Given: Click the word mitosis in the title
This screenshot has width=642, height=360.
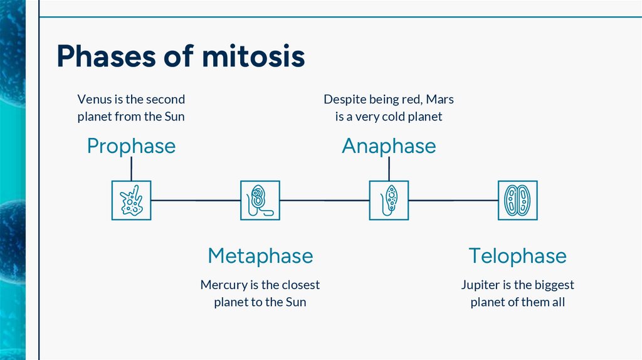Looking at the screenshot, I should (253, 56).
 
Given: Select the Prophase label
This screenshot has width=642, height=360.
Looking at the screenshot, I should (131, 146).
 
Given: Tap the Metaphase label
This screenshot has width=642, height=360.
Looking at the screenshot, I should (260, 256).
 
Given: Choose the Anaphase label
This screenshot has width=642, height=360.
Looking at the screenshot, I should (389, 146).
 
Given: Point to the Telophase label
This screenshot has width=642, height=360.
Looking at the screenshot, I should (517, 256).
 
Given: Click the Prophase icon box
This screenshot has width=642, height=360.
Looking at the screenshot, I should (131, 200).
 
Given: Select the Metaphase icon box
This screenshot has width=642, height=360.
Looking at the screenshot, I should (260, 200).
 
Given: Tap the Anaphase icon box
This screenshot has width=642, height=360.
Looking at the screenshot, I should (389, 200).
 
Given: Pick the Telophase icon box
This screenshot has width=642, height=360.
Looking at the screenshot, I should (518, 200).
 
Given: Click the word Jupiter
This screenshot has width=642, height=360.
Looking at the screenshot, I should (481, 285).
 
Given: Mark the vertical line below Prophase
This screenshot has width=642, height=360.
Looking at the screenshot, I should (131, 168).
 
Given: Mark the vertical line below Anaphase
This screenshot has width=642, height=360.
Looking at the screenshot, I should (389, 168).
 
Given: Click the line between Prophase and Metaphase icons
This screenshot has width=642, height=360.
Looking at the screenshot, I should (196, 201).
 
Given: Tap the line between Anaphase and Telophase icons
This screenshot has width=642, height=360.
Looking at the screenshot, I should (453, 201).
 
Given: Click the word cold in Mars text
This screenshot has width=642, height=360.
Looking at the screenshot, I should (391, 117).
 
